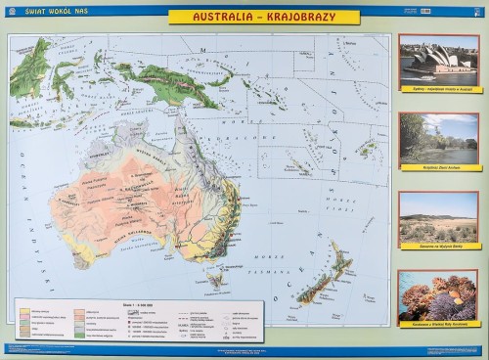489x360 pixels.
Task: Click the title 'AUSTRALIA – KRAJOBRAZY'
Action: pyautogui.click(x=263, y=18)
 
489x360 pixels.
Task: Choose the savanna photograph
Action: pyautogui.click(x=438, y=216)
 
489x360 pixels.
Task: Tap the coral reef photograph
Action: pyautogui.click(x=438, y=294)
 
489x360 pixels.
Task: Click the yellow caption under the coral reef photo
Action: pyautogui.click(x=438, y=324)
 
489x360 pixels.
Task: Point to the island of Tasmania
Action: pyautogui.click(x=214, y=280)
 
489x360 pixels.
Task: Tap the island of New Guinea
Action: pyautogui.click(x=166, y=83)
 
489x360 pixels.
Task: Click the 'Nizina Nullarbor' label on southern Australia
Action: pyautogui.click(x=130, y=236)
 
